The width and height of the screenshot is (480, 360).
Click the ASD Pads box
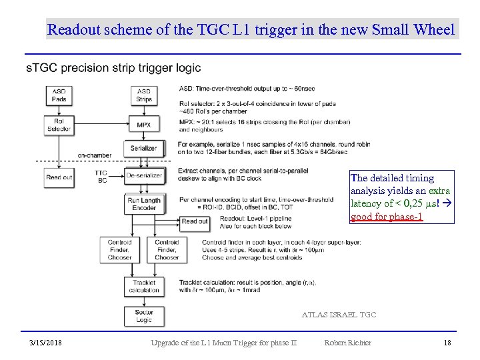(x=59, y=95)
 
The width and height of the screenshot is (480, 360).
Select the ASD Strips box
(x=143, y=95)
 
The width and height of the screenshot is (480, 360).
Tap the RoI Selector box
(x=59, y=125)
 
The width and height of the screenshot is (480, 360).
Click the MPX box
(x=143, y=125)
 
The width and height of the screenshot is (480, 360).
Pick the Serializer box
(x=143, y=148)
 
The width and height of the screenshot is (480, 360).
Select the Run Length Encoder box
(x=143, y=203)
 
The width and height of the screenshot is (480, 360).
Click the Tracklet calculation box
(x=143, y=286)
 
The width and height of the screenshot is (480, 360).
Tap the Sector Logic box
(x=143, y=315)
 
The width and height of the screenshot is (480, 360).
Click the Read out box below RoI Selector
(x=59, y=177)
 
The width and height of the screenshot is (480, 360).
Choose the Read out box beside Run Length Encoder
(x=195, y=221)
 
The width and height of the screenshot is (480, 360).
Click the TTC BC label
(x=101, y=177)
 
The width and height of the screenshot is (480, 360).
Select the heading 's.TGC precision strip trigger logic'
(x=113, y=68)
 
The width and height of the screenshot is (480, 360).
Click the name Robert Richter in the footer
(x=347, y=343)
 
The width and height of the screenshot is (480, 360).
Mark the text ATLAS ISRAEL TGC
(x=339, y=314)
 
